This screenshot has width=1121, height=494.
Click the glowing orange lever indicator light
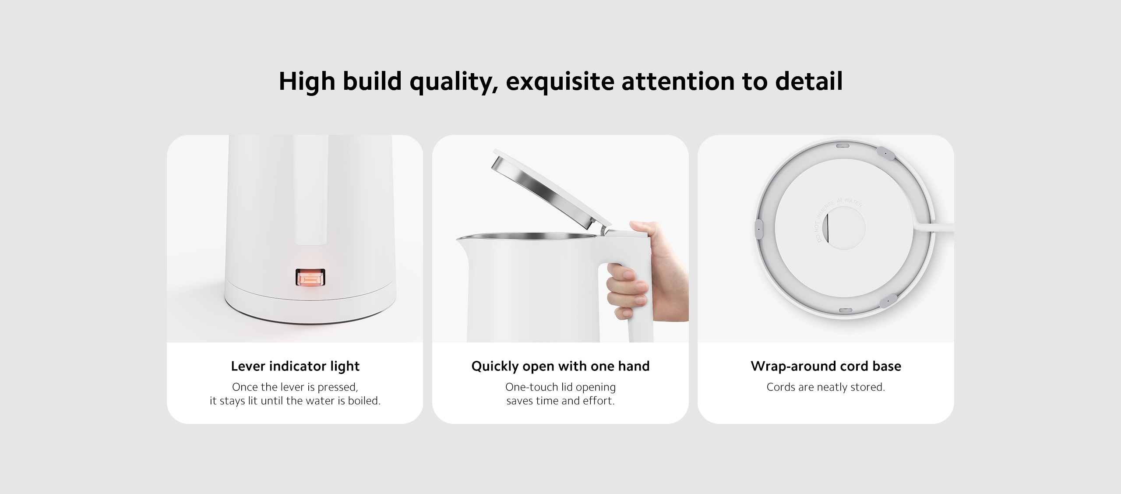tap(310, 278)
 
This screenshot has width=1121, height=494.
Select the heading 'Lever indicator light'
tap(295, 366)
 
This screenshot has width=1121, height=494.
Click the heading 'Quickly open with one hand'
tap(560, 366)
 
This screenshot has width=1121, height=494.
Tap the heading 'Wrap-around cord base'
tap(826, 366)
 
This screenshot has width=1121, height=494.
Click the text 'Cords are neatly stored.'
tap(826, 387)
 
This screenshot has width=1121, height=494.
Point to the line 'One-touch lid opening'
tap(560, 387)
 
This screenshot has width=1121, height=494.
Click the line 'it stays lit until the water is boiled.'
tap(295, 401)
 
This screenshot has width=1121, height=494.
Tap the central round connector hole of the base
tap(844, 228)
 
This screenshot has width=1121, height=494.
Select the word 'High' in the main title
tap(307, 81)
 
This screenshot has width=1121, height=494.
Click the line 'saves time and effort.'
tap(560, 401)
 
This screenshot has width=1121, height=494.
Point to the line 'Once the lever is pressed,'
tap(295, 387)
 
